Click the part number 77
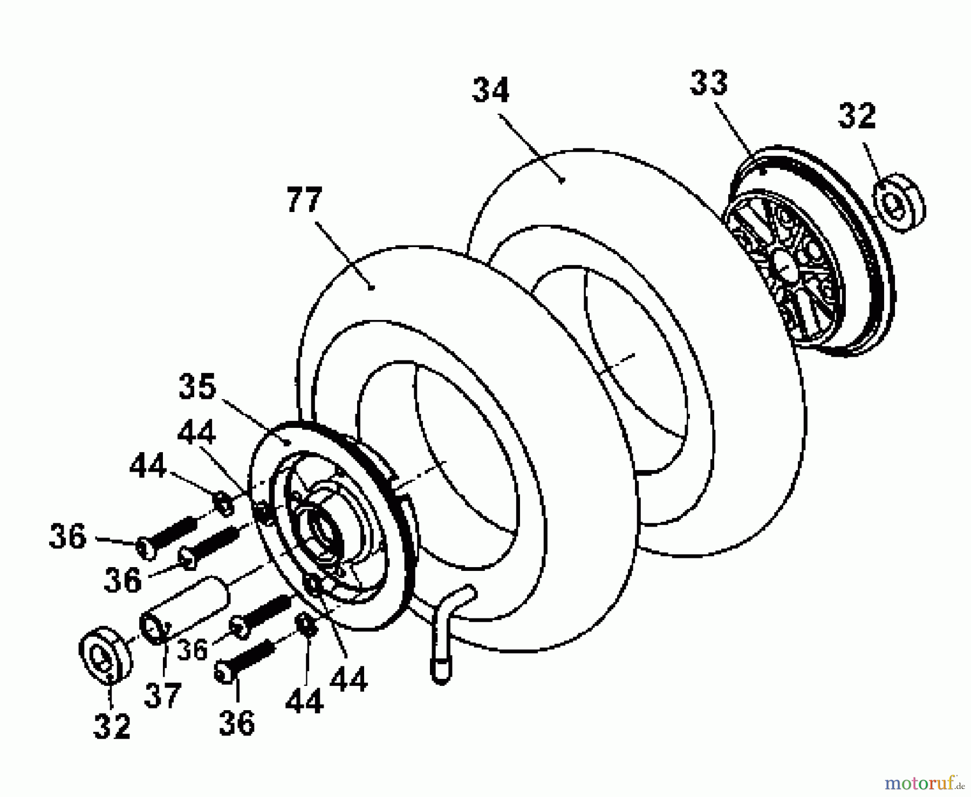point(304,201)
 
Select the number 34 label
point(490,90)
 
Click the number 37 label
point(162,695)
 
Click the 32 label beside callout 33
point(857,117)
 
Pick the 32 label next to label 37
point(112,726)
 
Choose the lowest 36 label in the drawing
point(237,723)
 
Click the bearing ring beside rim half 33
point(898,203)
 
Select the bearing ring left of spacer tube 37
point(105,655)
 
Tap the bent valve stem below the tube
point(445,631)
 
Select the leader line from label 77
point(343,254)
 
